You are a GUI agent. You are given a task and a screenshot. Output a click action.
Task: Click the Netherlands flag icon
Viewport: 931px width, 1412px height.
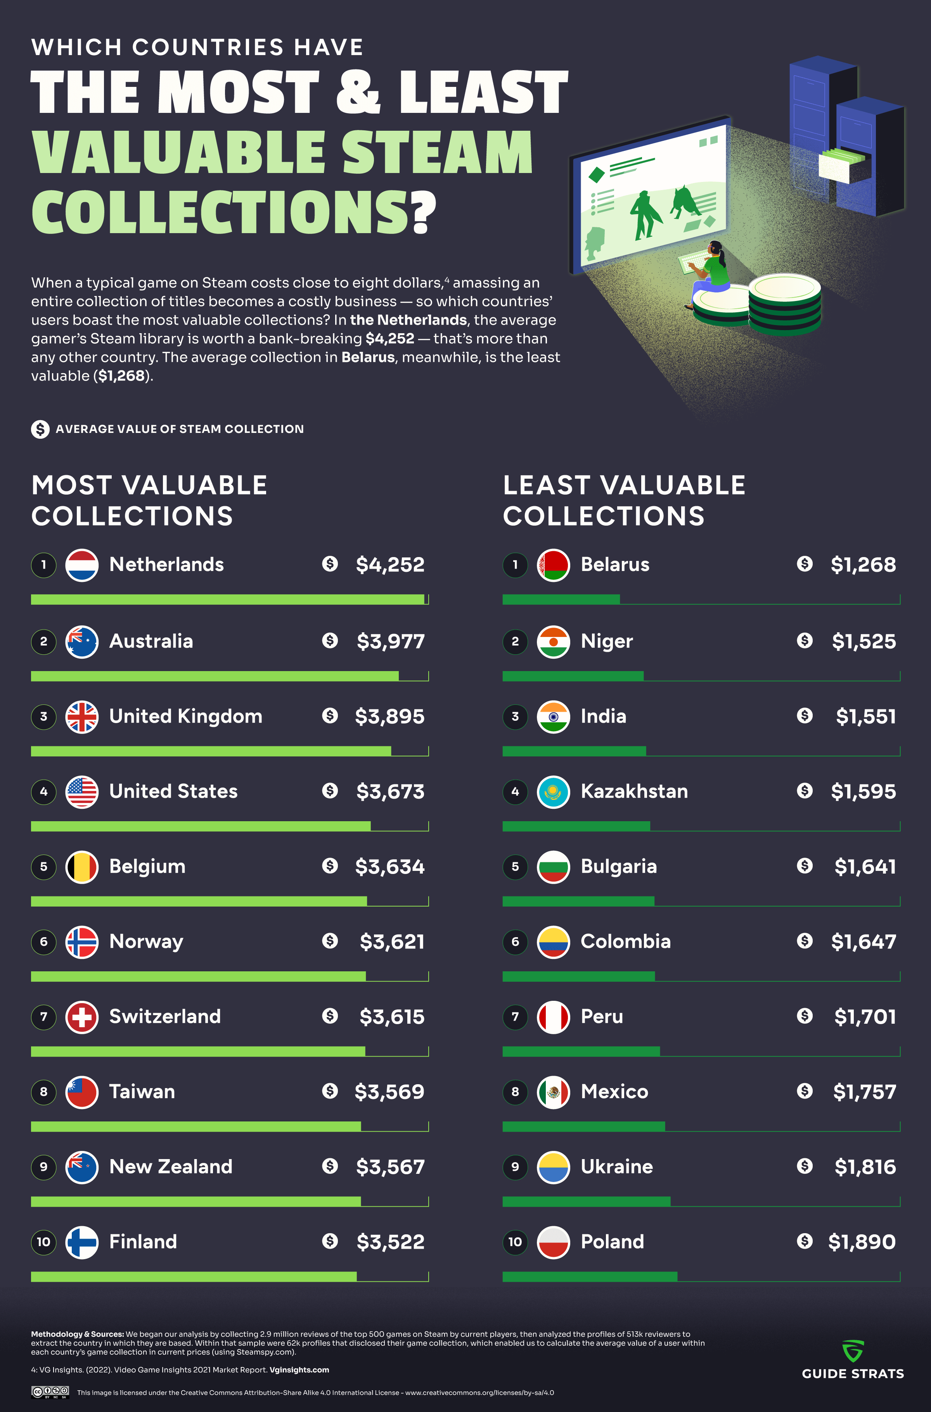click(81, 565)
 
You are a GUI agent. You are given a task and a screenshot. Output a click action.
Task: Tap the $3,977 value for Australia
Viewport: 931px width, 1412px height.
click(391, 641)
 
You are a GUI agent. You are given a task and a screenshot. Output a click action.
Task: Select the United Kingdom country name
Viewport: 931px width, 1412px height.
click(186, 716)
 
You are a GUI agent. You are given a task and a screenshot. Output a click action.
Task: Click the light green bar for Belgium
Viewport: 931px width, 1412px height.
click(199, 902)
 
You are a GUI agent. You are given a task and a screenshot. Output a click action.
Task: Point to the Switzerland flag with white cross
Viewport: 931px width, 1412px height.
click(81, 1017)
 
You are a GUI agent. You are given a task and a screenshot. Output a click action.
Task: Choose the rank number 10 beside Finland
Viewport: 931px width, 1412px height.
click(43, 1242)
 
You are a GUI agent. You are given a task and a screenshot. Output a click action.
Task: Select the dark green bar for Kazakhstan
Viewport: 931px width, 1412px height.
click(576, 826)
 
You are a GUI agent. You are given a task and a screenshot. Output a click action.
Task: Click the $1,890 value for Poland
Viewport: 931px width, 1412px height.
click(862, 1242)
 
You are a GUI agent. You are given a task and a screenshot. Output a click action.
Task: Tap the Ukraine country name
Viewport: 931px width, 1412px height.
click(617, 1167)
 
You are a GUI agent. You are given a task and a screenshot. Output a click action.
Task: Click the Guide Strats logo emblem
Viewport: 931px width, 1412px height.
click(853, 1351)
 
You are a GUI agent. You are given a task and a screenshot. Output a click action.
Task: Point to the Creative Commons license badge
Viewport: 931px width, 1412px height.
click(50, 1392)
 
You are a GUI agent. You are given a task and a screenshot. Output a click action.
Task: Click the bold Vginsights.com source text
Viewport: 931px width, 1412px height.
click(299, 1370)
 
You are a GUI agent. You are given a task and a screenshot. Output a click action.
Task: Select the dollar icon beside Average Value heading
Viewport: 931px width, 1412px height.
click(40, 429)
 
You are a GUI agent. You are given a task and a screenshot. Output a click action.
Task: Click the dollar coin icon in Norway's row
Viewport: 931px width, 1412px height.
click(330, 941)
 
